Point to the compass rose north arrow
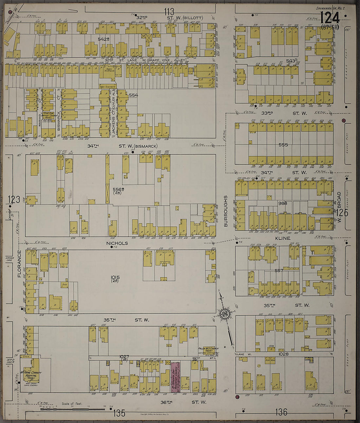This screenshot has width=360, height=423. [226, 314]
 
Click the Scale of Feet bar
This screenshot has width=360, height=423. [72, 409]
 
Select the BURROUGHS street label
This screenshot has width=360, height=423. [225, 211]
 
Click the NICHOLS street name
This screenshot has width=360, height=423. [117, 243]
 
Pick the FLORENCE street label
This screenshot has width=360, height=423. [19, 264]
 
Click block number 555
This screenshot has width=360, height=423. [283, 144]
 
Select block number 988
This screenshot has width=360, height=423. [282, 203]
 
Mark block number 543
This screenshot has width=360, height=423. [290, 61]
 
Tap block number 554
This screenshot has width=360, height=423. [133, 95]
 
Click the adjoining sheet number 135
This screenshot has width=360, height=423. [119, 413]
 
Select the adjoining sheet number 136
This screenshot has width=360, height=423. [281, 412]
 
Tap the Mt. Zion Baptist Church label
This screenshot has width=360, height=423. [48, 116]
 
